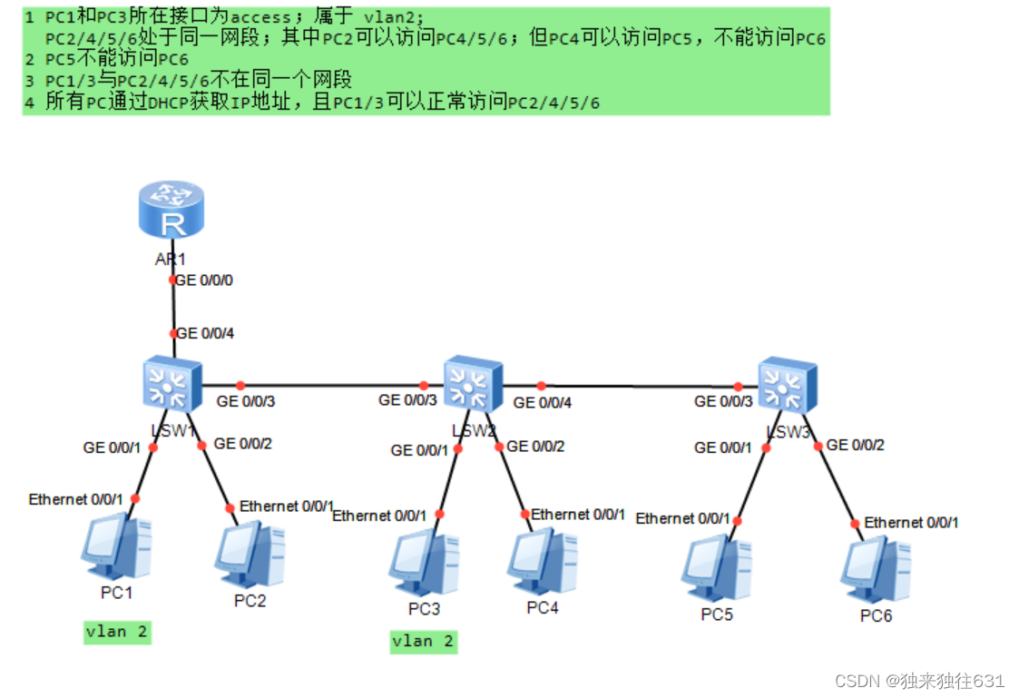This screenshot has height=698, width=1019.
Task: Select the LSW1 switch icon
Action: point(172,383)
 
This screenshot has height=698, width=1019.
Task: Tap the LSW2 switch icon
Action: point(472,384)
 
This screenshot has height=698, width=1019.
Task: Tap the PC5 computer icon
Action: point(717,567)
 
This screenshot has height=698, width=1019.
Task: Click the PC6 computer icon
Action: point(876,570)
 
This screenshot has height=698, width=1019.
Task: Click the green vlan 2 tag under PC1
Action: point(116,632)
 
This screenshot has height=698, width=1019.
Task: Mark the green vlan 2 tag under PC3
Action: point(423,642)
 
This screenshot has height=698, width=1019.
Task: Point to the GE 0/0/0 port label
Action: point(204,280)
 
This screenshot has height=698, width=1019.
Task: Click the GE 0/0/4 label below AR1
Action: point(205,333)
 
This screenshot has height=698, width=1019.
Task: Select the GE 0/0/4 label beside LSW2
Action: point(544,402)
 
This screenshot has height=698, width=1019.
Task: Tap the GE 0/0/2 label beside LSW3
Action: point(855,445)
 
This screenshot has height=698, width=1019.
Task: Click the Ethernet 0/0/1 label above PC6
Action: point(910,522)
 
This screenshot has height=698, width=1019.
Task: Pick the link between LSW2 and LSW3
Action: point(640,386)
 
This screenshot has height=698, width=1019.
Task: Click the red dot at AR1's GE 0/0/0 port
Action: point(172,280)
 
